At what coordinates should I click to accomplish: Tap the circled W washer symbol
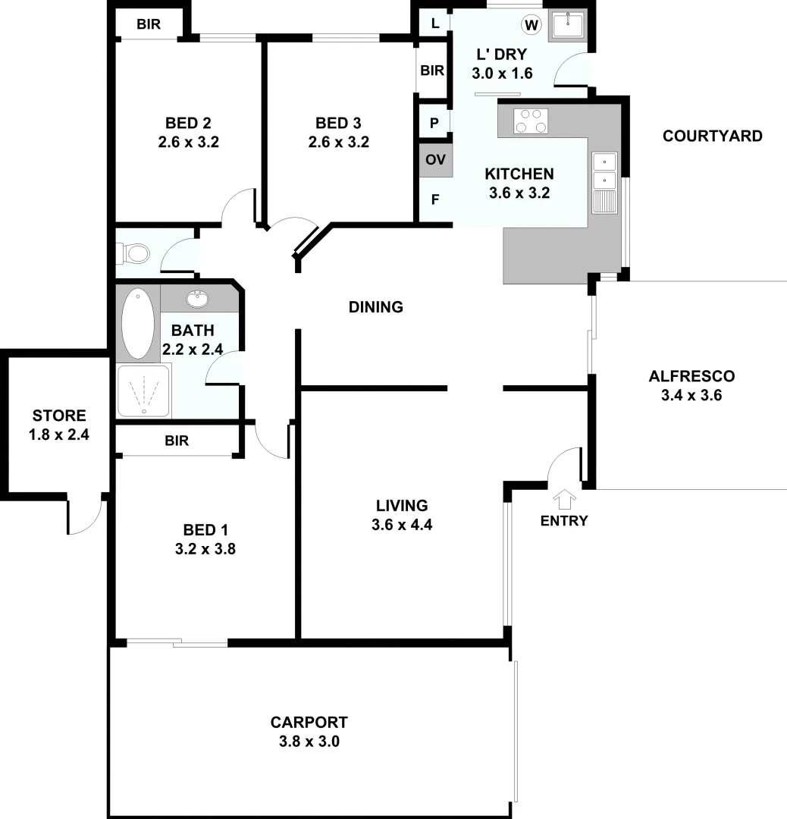(532, 25)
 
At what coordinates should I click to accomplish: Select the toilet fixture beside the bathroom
(133, 253)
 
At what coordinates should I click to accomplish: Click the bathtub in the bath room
(137, 324)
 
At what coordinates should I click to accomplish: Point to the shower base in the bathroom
(144, 391)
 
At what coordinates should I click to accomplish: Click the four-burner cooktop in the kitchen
(531, 121)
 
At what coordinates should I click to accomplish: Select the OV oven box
(435, 160)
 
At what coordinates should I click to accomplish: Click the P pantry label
(434, 122)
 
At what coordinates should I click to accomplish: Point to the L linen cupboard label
(434, 24)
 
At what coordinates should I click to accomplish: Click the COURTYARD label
(712, 136)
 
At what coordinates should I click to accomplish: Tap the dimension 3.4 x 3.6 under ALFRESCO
(691, 395)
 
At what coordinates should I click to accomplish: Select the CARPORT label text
(309, 723)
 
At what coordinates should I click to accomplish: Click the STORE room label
(59, 416)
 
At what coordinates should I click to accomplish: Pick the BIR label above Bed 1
(176, 441)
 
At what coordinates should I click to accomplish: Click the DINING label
(375, 307)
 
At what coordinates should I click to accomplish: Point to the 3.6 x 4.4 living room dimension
(402, 524)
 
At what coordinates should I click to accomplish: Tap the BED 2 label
(188, 123)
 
